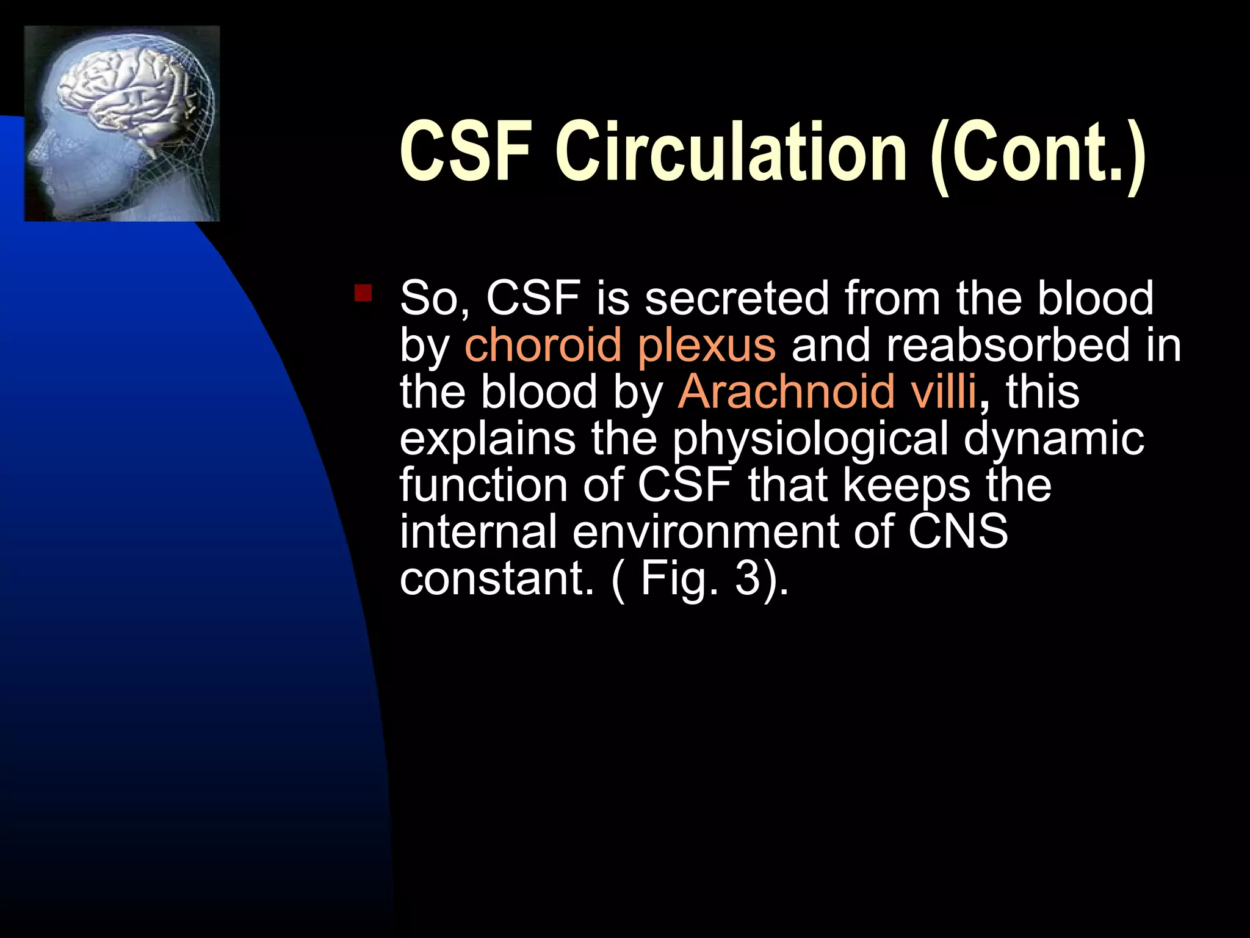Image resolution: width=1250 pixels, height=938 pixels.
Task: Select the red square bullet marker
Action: (x=363, y=293)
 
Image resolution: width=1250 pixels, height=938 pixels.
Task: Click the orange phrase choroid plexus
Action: (x=620, y=346)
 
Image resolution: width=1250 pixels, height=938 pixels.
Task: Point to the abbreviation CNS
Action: (x=958, y=532)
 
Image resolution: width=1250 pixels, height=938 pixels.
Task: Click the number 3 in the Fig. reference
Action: (x=746, y=578)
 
